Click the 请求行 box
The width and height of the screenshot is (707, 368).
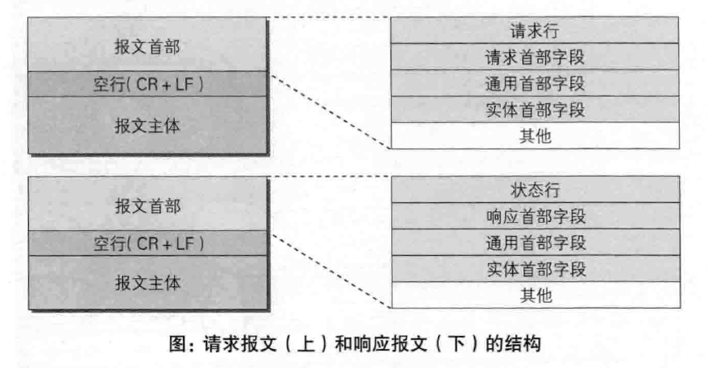535,31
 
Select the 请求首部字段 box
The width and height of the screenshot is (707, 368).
535,57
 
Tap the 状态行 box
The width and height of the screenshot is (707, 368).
535,190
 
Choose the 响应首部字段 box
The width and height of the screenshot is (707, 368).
535,216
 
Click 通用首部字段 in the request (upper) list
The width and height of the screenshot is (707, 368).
535,83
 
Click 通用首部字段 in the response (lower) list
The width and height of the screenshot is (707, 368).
535,243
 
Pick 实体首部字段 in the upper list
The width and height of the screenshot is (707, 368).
535,109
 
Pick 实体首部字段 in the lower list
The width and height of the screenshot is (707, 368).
535,268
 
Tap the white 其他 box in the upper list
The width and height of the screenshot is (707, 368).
535,135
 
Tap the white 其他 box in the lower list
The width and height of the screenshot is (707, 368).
535,295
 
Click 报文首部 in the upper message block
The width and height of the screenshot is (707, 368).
147,46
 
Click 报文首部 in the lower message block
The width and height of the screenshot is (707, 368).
147,205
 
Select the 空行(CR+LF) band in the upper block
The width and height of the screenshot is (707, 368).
147,84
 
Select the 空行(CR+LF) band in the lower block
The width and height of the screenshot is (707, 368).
147,243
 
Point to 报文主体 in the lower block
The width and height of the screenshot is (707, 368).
147,283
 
